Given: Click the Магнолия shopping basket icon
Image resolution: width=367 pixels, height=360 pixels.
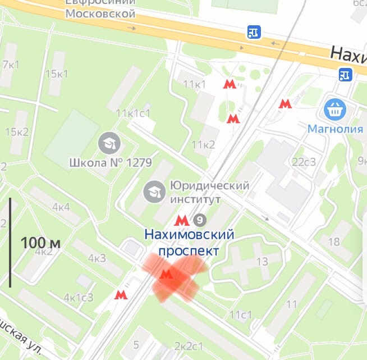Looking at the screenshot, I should pos(336,110).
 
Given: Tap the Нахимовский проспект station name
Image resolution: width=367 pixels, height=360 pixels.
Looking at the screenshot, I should pos(189,242).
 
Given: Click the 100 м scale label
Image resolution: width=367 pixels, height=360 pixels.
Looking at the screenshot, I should pos(40,243).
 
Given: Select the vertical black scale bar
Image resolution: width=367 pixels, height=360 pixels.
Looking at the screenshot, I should pos(10,243).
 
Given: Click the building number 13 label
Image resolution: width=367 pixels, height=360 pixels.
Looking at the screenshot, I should pos(262,261).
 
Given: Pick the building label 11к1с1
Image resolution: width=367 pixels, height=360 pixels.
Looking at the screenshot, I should pos(133,113).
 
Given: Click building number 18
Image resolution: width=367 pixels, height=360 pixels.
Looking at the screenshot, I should pos(334,242).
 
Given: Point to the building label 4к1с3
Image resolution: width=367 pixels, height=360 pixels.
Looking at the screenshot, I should pos(79,297).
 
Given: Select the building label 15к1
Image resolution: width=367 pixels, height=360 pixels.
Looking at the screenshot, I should pos(57,74).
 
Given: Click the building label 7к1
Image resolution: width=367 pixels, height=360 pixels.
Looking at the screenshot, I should pos(10,64).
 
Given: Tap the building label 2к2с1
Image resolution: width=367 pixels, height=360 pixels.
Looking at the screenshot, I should pos(189,344).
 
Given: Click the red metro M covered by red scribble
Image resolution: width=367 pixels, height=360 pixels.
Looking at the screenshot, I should pos(166,274).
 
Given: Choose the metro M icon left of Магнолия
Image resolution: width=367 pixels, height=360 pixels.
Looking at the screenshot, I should pos(285,104).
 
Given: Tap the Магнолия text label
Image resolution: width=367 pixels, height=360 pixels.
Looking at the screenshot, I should pos(336,129).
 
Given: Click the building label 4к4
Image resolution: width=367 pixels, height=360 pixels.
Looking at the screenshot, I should pos(61,206).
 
